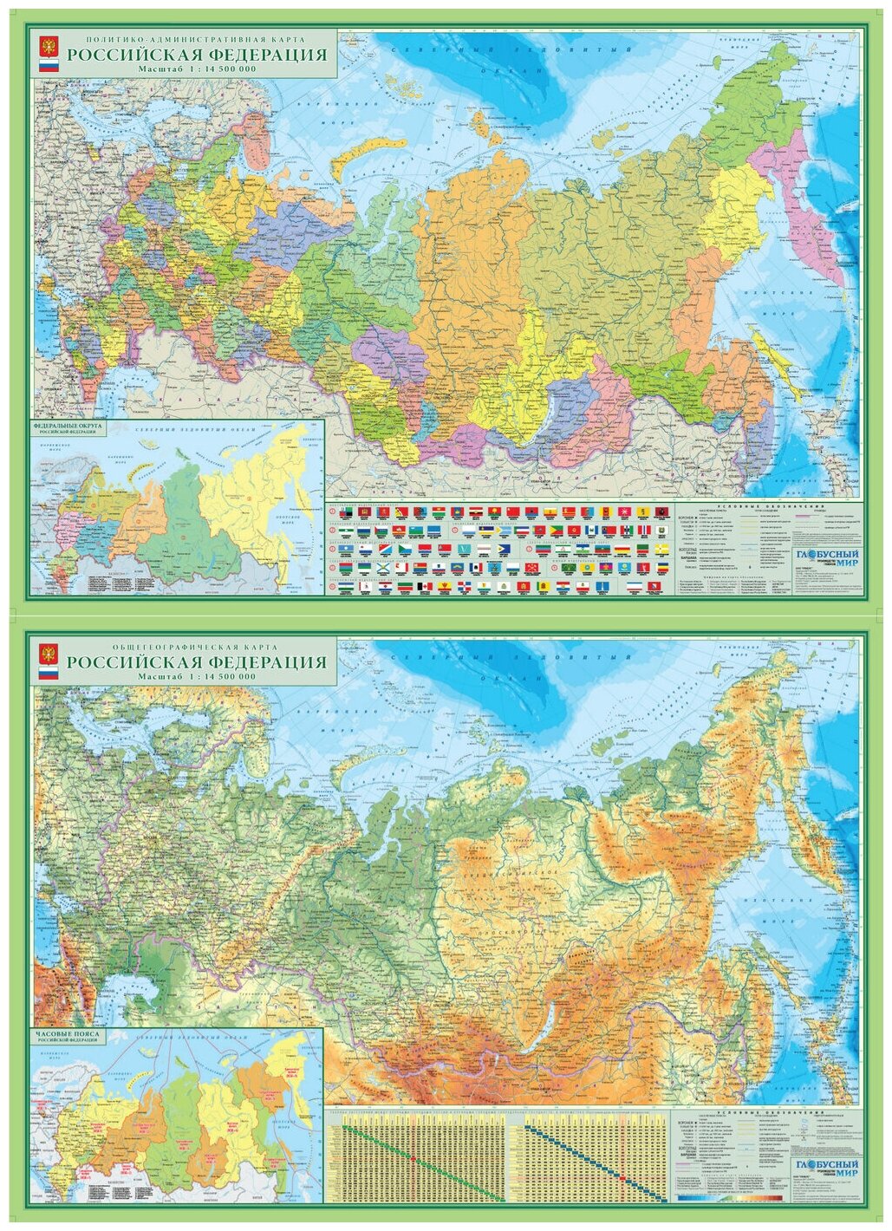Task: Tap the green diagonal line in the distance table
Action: tap(416, 1157)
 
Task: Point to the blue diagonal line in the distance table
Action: tap(598, 1157)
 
